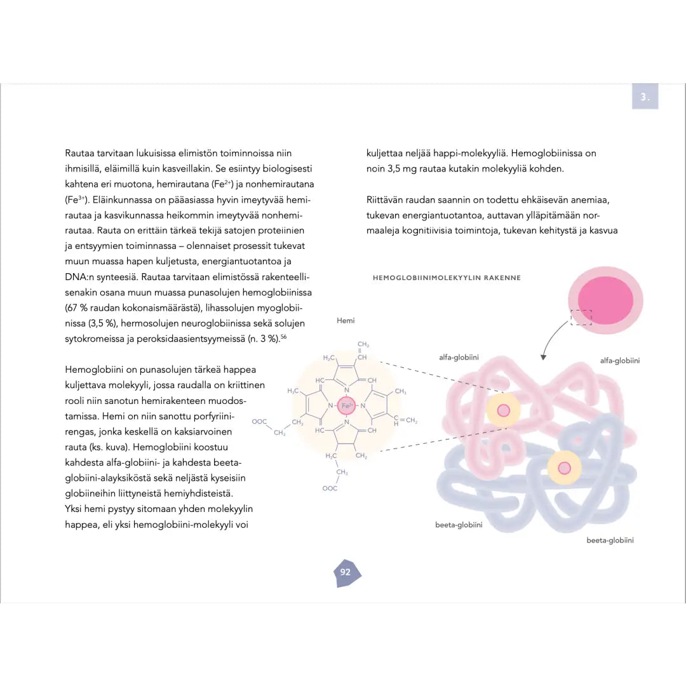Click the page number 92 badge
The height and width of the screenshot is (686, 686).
click(x=346, y=572)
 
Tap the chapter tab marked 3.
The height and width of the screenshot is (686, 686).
click(x=645, y=97)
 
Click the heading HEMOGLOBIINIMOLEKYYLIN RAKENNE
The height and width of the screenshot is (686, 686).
click(x=447, y=278)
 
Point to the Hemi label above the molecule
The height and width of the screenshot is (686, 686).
click(x=346, y=321)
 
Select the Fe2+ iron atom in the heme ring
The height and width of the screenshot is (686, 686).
click(x=347, y=405)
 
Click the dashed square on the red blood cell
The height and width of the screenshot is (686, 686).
click(x=581, y=318)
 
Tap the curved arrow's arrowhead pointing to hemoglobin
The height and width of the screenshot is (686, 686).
click(x=543, y=357)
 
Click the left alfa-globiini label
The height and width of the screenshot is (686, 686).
click(x=459, y=358)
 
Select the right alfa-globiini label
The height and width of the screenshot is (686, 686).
click(x=619, y=361)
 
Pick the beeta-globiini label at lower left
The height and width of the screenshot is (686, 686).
click(x=459, y=525)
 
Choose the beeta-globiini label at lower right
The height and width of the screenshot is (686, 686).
click(x=610, y=541)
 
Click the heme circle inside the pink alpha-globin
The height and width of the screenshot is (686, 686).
click(x=503, y=410)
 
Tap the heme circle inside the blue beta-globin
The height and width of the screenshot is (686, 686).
click(x=564, y=468)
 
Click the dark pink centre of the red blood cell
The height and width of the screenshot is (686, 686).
click(x=605, y=299)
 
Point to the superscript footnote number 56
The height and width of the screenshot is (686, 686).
click(x=284, y=337)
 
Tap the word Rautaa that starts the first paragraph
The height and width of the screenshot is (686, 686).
click(x=79, y=153)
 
